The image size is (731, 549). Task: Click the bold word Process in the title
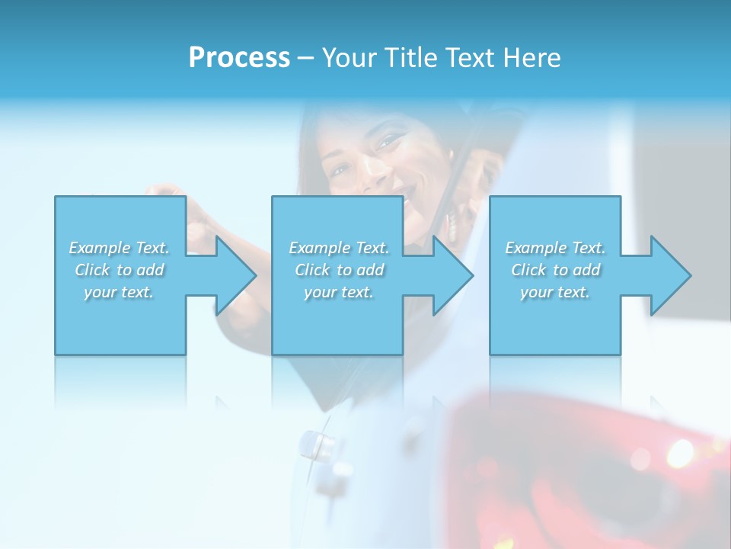tap(239, 58)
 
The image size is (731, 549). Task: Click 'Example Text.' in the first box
tap(120, 248)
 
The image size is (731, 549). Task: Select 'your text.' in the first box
tap(120, 292)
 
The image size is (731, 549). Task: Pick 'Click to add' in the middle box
tap(339, 270)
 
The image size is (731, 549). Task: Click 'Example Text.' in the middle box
tap(339, 248)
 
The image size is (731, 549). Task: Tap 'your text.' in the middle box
tap(339, 292)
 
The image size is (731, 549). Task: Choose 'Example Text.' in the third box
tap(555, 248)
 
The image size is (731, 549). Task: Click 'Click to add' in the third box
tap(555, 270)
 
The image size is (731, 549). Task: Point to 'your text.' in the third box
tap(555, 292)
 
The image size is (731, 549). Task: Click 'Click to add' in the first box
tap(120, 270)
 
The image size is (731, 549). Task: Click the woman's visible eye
tap(389, 141)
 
